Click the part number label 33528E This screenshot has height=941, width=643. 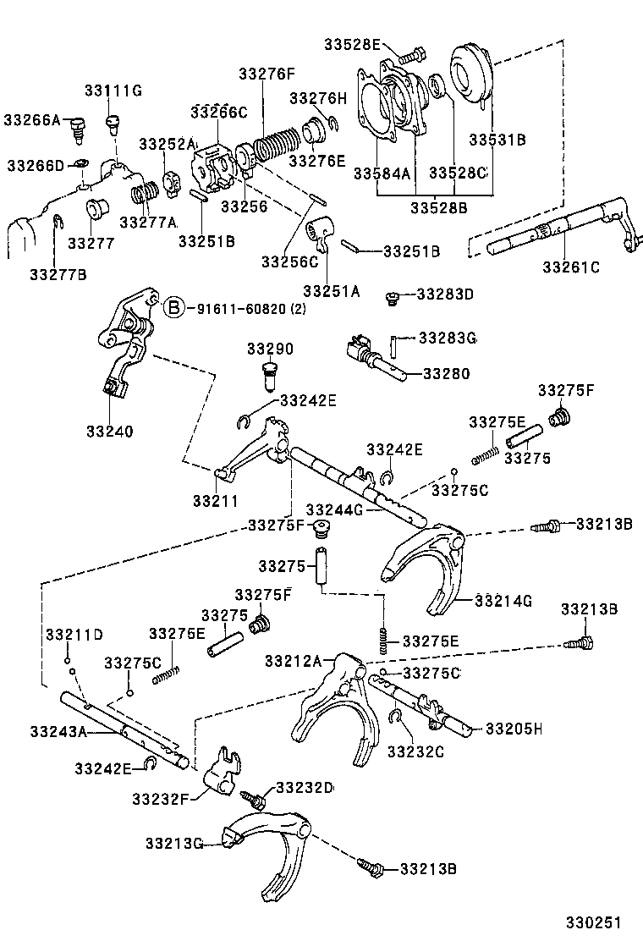[351, 44]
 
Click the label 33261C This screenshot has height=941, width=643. [571, 268]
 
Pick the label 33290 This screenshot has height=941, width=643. [270, 349]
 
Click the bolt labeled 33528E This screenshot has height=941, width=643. [410, 56]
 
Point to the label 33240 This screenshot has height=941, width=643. [108, 431]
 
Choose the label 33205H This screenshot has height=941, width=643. [513, 728]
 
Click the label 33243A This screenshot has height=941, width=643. [58, 730]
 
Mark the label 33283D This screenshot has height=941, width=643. [445, 294]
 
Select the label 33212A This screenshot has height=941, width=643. [293, 660]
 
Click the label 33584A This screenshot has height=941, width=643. [382, 173]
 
